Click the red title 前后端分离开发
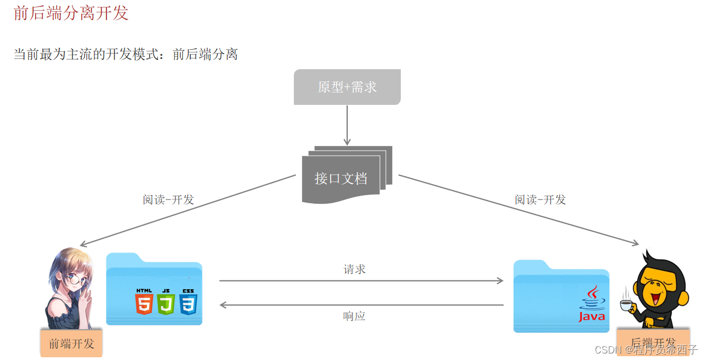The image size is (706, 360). (71, 13)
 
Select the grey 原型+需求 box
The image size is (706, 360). (347, 86)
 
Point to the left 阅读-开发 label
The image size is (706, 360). (168, 199)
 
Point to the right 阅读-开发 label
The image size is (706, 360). (540, 199)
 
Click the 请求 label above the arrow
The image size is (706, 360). (354, 269)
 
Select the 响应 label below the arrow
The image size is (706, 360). (354, 316)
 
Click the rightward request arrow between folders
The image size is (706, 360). (361, 281)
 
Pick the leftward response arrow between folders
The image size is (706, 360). (361, 305)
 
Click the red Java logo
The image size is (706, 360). (592, 305)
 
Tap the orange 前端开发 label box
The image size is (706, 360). (71, 343)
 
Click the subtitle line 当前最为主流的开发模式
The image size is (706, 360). (125, 54)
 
